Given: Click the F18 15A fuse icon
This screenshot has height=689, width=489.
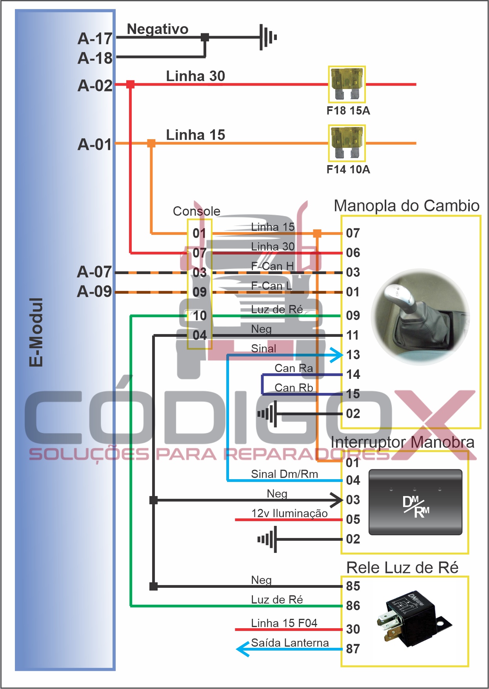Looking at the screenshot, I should [347, 84].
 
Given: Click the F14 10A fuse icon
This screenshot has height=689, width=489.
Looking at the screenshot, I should [347, 143].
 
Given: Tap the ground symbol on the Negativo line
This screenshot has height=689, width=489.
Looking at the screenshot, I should [268, 37].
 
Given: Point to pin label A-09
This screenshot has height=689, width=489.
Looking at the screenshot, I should [95, 291].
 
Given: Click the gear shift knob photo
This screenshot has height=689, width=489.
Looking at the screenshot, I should [420, 316].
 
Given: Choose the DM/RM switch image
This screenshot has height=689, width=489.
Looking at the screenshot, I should [416, 502].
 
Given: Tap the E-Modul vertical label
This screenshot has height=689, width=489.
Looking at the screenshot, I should [36, 332].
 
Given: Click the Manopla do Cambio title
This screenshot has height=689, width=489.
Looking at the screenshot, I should [407, 206].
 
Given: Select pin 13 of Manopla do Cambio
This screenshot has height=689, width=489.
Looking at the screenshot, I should [353, 355].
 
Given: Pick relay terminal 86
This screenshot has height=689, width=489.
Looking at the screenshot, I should [353, 606].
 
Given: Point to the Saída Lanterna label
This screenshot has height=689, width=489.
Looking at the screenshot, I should [290, 643].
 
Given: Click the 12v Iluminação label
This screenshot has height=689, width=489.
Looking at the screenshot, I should [289, 513].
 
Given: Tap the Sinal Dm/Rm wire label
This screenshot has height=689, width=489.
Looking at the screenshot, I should [284, 474].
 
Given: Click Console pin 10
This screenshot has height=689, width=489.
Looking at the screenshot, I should [200, 316].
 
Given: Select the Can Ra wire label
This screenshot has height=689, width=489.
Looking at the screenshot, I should [294, 368].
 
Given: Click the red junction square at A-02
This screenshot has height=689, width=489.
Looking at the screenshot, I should [130, 84].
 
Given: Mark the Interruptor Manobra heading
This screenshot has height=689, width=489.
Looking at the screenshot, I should [402, 442].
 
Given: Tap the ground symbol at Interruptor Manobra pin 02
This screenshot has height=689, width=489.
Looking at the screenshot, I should [268, 539].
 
